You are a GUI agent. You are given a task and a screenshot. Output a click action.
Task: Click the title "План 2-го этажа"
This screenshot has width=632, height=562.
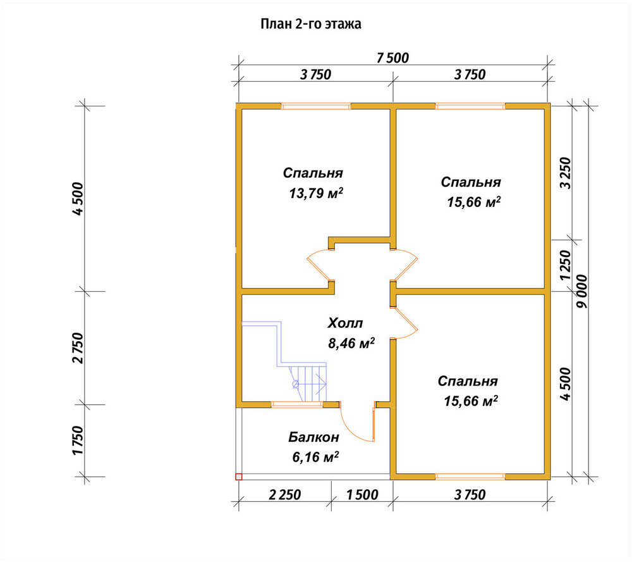(x=311, y=24)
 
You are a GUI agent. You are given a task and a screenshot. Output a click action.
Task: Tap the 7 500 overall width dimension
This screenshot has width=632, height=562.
(x=392, y=58)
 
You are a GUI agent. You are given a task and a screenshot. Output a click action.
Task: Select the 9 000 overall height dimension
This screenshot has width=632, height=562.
(x=582, y=292)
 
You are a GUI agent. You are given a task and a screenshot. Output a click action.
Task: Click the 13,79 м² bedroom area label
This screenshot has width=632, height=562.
(x=316, y=194)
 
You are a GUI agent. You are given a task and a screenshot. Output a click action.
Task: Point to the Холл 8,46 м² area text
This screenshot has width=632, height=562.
(x=351, y=333)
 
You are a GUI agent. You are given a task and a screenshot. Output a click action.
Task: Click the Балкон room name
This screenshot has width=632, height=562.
(x=313, y=437)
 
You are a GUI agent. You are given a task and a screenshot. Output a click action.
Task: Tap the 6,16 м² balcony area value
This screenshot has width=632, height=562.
(x=315, y=457)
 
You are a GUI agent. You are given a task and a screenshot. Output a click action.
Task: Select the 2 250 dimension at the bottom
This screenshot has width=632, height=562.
(x=284, y=494)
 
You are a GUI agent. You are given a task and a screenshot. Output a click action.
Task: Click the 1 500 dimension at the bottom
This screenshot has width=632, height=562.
(x=362, y=494)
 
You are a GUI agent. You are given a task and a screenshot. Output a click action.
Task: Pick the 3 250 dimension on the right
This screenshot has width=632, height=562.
(x=566, y=173)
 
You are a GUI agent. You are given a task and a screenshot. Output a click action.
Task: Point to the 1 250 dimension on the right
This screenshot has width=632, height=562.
(x=566, y=265)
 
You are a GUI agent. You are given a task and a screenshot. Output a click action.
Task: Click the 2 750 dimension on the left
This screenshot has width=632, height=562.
(x=78, y=348)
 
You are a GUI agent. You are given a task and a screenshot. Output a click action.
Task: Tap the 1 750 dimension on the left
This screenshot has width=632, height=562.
(x=78, y=440)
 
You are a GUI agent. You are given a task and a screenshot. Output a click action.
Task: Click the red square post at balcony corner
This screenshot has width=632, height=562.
(x=239, y=477)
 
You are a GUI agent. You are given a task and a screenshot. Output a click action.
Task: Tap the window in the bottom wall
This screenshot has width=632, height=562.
(x=470, y=477)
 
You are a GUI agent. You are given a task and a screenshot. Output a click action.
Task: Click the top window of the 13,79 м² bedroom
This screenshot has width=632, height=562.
(x=315, y=106)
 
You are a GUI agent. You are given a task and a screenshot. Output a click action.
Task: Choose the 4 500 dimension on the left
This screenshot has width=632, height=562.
(x=78, y=199)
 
